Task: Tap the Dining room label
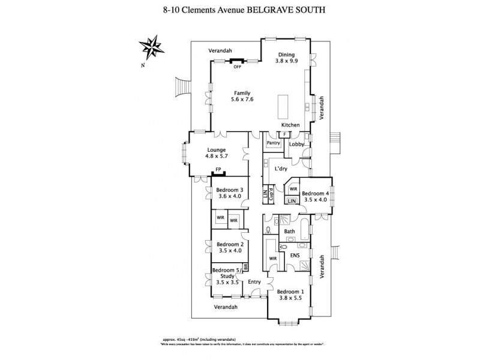[x=286, y=54]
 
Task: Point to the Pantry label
[x=274, y=143]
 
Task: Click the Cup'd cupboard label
[x=271, y=194]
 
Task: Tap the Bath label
[x=289, y=231]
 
